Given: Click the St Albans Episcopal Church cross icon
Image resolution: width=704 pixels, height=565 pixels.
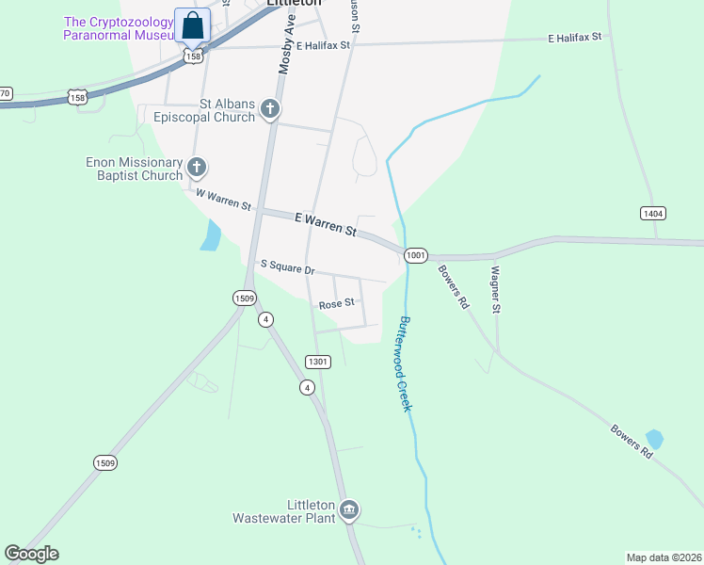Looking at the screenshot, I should [270, 109].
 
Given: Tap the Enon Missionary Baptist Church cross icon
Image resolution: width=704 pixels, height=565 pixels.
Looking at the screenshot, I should [196, 169].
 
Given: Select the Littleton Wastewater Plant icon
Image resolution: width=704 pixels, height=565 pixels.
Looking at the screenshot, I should [349, 509].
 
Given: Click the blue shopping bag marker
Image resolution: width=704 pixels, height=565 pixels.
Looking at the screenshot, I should [193, 27].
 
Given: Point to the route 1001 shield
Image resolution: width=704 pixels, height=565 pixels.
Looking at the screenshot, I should [416, 255].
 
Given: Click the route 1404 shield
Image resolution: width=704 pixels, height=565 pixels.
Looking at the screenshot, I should [653, 214].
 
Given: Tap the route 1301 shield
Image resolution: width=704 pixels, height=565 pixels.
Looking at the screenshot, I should [318, 362].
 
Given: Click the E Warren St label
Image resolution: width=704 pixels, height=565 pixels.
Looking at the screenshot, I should [326, 224].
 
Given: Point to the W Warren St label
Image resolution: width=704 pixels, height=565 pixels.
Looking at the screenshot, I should [223, 199].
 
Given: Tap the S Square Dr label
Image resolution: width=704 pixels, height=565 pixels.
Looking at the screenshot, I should [287, 268].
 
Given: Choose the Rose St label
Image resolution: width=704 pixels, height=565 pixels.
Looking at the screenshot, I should [336, 304].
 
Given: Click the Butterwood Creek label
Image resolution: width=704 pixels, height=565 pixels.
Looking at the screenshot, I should [407, 363].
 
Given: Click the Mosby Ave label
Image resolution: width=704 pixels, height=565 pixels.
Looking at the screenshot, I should [287, 44].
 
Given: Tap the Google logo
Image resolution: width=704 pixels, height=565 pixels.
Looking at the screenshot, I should [31, 554].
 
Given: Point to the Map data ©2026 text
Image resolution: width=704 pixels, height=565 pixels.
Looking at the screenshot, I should [664, 557].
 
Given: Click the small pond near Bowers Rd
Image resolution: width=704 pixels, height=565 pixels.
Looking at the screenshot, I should [654, 440].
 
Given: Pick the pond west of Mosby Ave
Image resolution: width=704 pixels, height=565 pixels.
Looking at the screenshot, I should [211, 235].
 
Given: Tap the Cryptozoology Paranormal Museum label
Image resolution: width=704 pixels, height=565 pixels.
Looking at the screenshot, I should [120, 28].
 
